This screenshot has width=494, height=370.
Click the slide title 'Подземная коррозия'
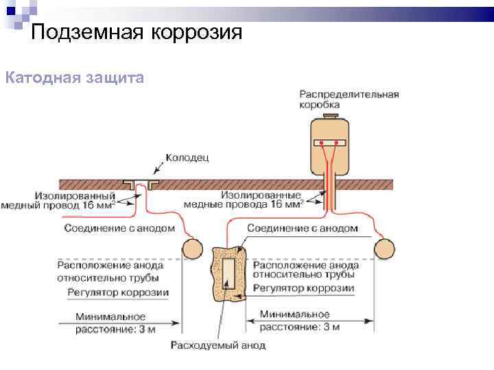(137, 32)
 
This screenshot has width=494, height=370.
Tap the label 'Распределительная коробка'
(349, 99)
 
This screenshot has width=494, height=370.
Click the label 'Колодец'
(187, 158)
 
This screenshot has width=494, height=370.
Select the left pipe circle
(191, 247)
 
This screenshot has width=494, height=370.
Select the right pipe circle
(383, 247)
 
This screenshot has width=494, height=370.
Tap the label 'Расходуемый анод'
(218, 345)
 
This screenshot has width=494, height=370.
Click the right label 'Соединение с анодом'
(303, 227)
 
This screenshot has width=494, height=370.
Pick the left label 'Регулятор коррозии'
(118, 293)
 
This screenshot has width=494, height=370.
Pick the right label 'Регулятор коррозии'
(303, 288)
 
